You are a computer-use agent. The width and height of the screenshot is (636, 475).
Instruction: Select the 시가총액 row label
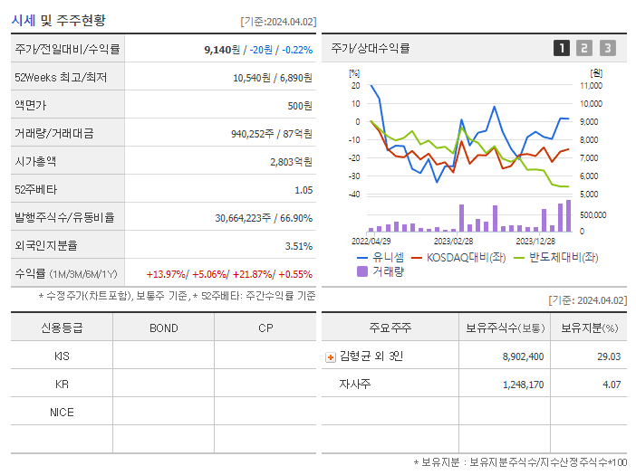[35, 162]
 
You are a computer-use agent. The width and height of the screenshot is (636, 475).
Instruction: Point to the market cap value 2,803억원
[291, 162]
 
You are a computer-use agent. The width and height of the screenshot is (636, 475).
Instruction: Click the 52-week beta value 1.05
[303, 190]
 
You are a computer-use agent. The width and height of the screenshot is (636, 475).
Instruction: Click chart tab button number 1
[562, 49]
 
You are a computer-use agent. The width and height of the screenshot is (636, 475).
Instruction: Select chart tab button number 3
[607, 49]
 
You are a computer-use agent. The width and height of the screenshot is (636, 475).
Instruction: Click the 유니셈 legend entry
[384, 257]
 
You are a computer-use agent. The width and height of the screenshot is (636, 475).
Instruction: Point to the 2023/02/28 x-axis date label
[453, 242]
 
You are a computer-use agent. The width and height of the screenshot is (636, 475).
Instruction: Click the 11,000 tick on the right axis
[590, 86]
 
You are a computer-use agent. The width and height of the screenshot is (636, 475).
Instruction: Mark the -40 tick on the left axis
[354, 195]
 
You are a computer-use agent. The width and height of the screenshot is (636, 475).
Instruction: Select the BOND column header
[163, 328]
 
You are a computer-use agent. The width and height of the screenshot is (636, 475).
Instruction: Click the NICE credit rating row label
[62, 413]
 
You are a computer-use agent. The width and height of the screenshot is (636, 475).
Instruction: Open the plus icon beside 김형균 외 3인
[331, 357]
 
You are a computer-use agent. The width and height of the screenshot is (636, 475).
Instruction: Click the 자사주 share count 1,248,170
[523, 385]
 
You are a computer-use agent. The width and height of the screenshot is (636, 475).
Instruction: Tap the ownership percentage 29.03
[609, 356]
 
